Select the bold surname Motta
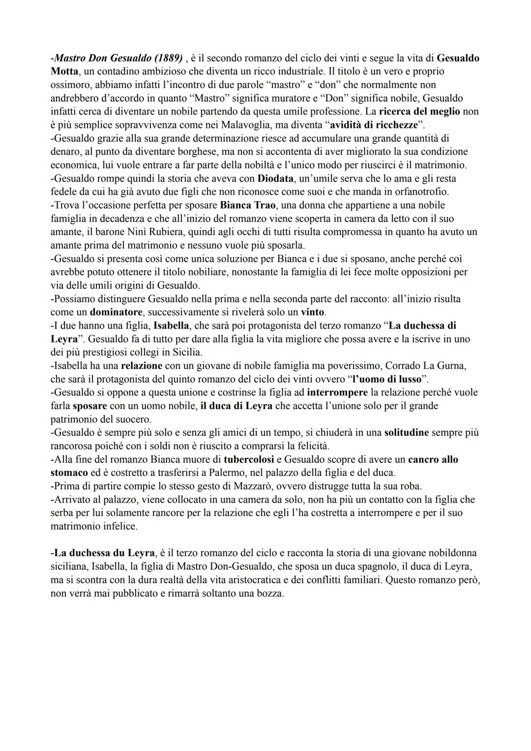(x=64, y=71)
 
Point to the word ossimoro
(x=70, y=85)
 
